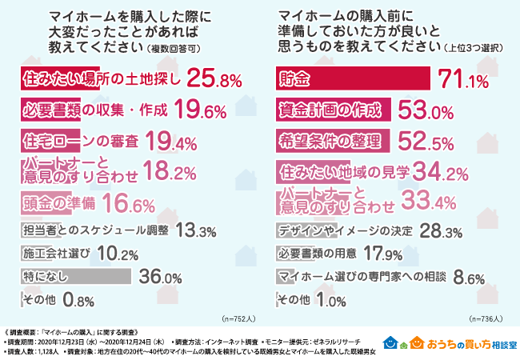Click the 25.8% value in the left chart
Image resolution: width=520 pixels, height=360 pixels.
(213, 80)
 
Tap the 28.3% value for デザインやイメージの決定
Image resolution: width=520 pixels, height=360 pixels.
(441, 232)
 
